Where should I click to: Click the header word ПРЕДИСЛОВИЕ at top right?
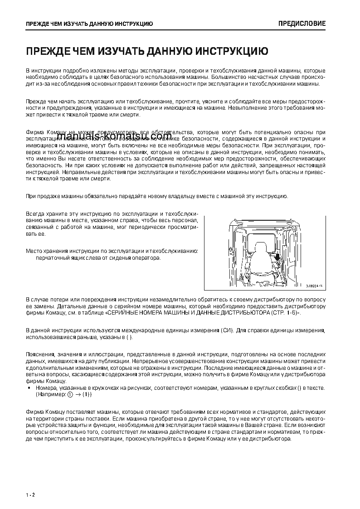point(302,24)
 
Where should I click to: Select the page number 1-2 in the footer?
point(30,494)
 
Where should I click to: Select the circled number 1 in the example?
point(69,394)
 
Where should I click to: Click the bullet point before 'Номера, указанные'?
point(29,388)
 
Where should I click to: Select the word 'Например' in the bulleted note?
point(51,395)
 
